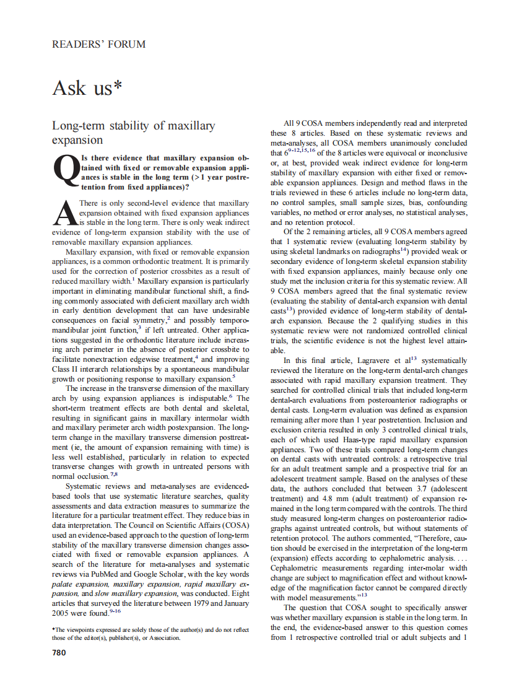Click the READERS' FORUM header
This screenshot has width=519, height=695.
pyautogui.click(x=99, y=44)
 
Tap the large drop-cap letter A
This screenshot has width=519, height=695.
pyautogui.click(x=64, y=214)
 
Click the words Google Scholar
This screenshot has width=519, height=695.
pyautogui.click(x=170, y=574)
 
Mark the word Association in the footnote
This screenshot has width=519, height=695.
pyautogui.click(x=162, y=638)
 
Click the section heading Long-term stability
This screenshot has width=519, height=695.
pyautogui.click(x=133, y=126)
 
